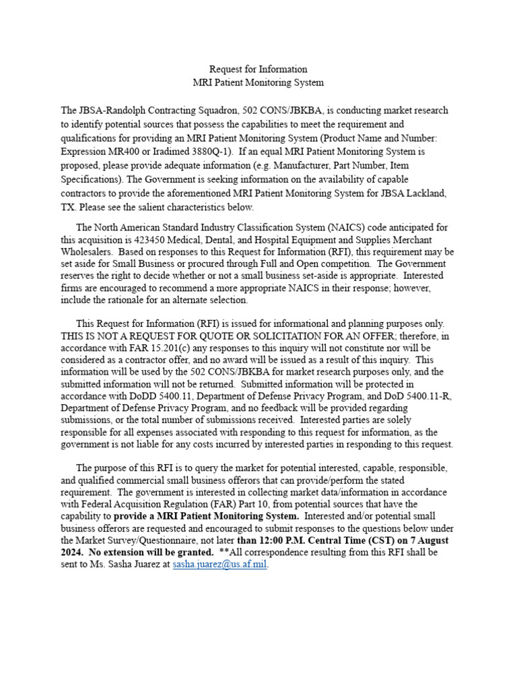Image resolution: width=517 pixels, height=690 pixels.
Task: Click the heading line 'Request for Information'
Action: click(258, 69)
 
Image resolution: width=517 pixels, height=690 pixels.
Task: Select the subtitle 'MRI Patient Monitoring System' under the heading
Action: click(258, 83)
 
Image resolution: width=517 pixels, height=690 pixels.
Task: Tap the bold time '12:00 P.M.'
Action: click(285, 540)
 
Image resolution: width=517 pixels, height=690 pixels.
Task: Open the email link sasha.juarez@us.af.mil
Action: click(220, 565)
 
